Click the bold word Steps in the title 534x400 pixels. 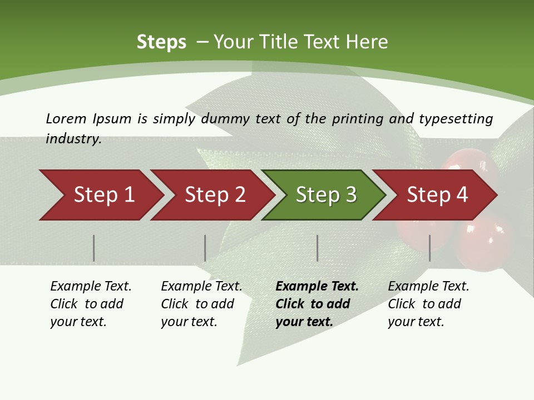[161, 42]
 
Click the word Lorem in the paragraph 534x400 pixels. [66, 118]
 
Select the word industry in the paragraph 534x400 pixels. [73, 139]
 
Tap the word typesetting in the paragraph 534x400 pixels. [456, 119]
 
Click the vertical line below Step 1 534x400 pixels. [94, 248]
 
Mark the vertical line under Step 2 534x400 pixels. [205, 248]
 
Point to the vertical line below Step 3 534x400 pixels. [318, 248]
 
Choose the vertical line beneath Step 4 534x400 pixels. [430, 248]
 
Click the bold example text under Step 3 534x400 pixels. [317, 304]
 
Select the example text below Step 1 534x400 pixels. [91, 304]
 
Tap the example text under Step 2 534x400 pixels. [201, 304]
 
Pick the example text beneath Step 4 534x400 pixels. [428, 304]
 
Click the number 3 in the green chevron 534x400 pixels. [350, 195]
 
